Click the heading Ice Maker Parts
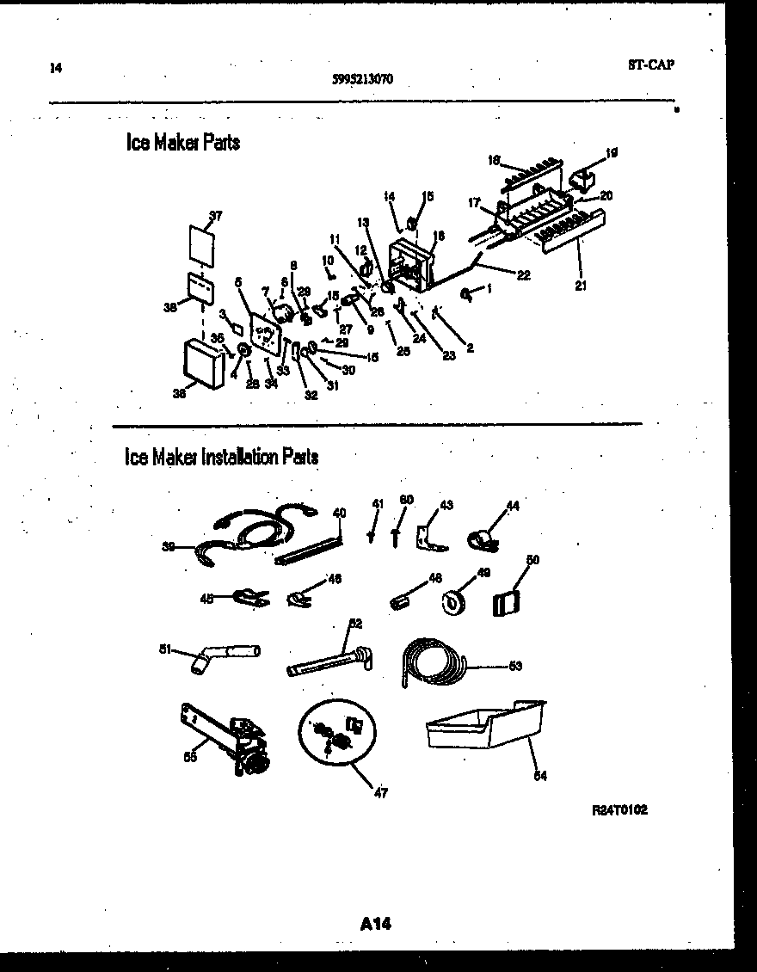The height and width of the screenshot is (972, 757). pyautogui.click(x=183, y=143)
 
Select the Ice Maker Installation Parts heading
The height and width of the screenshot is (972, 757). pyautogui.click(x=222, y=457)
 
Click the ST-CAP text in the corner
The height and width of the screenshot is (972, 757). pyautogui.click(x=645, y=65)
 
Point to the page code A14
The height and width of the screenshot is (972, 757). pyautogui.click(x=377, y=924)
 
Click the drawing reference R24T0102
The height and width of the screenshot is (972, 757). pyautogui.click(x=619, y=810)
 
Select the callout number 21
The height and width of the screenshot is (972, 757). pyautogui.click(x=581, y=286)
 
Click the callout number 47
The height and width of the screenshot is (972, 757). pyautogui.click(x=381, y=793)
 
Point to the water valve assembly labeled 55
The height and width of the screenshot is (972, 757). pyautogui.click(x=228, y=738)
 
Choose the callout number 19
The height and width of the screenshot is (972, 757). pyautogui.click(x=612, y=153)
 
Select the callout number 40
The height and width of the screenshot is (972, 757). pyautogui.click(x=339, y=513)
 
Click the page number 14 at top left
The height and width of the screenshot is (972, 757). pyautogui.click(x=56, y=69)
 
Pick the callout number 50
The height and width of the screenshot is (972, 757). pyautogui.click(x=532, y=560)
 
